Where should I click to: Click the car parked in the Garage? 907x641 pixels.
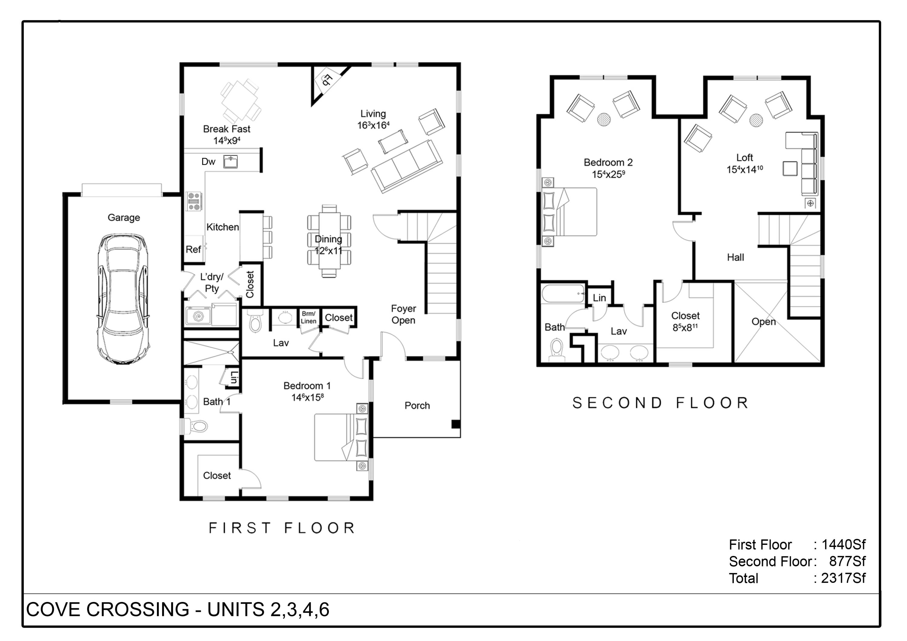[124, 298]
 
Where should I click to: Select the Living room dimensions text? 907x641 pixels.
[373, 125]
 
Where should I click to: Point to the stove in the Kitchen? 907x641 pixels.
[194, 201]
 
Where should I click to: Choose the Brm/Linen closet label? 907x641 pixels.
[308, 317]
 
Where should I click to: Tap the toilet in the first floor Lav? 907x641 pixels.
[255, 322]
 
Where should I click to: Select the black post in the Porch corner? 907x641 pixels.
[456, 424]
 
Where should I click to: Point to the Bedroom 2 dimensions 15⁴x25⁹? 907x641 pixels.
[608, 174]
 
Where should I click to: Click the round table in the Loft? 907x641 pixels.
[756, 120]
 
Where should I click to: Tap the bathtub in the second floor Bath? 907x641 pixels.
[563, 294]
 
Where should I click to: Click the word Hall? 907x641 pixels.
[735, 258]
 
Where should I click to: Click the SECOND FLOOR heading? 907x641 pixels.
[661, 403]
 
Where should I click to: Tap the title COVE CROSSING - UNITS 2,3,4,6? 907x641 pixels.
[178, 610]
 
